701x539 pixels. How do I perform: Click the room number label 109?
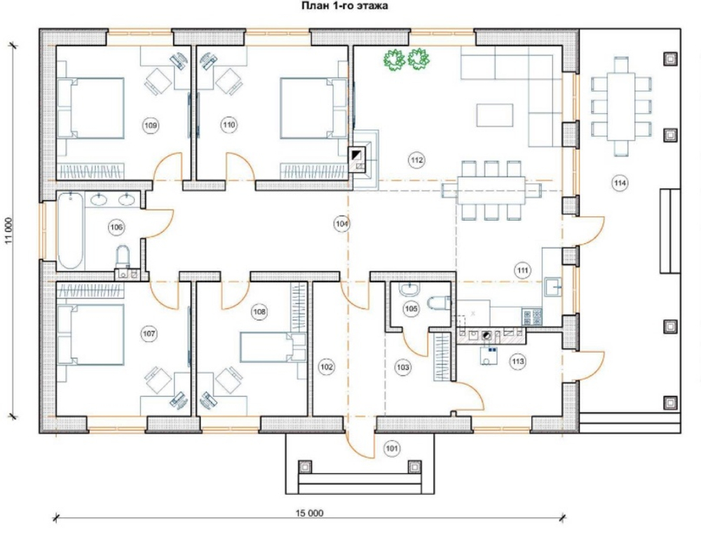(151, 125)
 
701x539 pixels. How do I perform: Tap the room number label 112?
(416, 160)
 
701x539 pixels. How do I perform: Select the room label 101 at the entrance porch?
(392, 449)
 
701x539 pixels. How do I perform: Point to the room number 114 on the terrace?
(620, 183)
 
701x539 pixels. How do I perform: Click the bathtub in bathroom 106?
(71, 230)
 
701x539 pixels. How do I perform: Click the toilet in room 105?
(439, 303)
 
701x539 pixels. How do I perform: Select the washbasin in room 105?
(409, 289)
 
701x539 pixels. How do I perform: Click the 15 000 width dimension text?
(309, 513)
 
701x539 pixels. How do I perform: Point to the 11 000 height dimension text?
(9, 231)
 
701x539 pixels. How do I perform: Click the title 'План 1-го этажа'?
(345, 6)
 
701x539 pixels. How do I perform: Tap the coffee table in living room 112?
(494, 116)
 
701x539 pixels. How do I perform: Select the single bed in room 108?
(273, 347)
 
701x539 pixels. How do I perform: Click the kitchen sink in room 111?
(552, 287)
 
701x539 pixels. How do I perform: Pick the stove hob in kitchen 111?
(532, 317)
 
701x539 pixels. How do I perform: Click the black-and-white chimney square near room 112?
(358, 155)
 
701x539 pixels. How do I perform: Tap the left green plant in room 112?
(394, 60)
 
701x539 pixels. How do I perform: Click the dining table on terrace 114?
(621, 107)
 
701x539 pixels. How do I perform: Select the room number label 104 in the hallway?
(341, 224)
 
